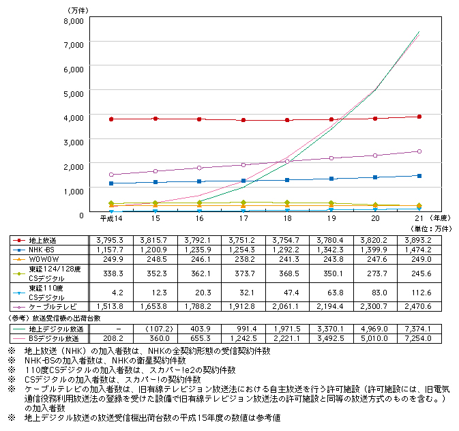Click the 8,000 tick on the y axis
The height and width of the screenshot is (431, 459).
[72, 20]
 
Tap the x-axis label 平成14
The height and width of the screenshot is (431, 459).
[111, 218]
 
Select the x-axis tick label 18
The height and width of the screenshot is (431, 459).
[287, 218]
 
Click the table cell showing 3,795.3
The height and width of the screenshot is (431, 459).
[111, 240]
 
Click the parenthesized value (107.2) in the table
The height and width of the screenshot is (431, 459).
[155, 328]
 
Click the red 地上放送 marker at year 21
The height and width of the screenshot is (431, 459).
[419, 117]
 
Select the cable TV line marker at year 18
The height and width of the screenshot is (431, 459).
[287, 161]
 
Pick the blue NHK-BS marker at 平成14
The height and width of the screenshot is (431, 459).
[111, 183]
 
